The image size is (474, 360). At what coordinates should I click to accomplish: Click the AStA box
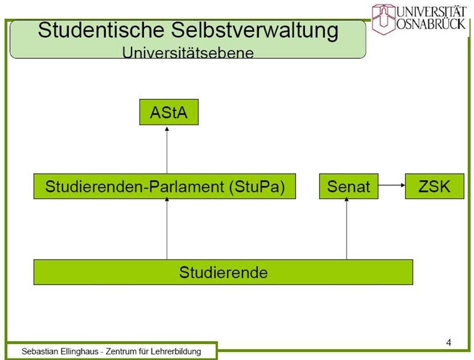point(169,112)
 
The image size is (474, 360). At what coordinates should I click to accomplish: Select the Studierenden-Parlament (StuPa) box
point(165,186)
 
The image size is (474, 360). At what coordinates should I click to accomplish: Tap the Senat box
point(349,186)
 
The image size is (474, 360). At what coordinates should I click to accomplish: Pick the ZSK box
point(435,186)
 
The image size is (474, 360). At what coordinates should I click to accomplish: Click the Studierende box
point(223,272)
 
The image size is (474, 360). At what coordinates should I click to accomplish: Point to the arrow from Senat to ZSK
point(392,185)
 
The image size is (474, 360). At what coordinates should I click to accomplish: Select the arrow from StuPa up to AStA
point(167,150)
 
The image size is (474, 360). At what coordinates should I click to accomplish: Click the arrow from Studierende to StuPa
point(167,229)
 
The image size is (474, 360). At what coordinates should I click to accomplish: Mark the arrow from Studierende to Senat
point(346,229)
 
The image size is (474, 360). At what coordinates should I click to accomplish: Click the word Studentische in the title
point(101,30)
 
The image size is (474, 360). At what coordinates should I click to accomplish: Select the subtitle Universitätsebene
point(188,53)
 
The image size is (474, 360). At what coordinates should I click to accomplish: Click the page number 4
point(449,342)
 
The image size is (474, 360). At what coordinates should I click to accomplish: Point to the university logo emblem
point(384,19)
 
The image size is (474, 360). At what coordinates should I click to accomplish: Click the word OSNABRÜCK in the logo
point(431,24)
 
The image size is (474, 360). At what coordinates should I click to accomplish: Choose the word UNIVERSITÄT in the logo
point(431,11)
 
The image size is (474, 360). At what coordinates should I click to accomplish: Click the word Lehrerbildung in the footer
point(176,351)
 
